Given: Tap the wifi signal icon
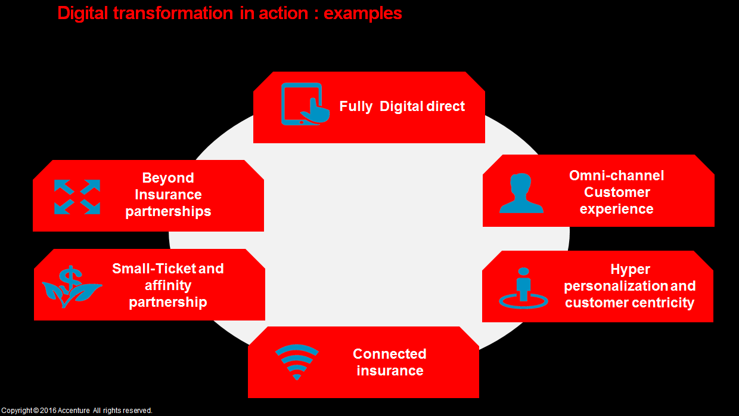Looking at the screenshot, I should [x=297, y=362].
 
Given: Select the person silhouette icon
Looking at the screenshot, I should [x=521, y=193].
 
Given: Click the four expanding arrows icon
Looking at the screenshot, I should [x=77, y=196].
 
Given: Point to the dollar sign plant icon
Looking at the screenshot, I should [x=72, y=286].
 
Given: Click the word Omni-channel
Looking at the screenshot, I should [x=616, y=175].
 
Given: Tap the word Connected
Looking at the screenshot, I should [x=389, y=354].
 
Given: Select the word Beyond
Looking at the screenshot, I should [x=168, y=178].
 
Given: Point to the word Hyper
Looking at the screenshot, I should [x=630, y=269].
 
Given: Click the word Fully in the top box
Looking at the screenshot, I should [x=356, y=106].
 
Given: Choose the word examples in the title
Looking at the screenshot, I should [x=363, y=13].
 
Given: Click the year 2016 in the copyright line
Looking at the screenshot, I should [x=48, y=411].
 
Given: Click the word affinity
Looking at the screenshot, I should [x=168, y=285].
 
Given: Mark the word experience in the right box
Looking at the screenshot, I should [x=616, y=209].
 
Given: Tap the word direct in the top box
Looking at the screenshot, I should [x=445, y=106].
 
